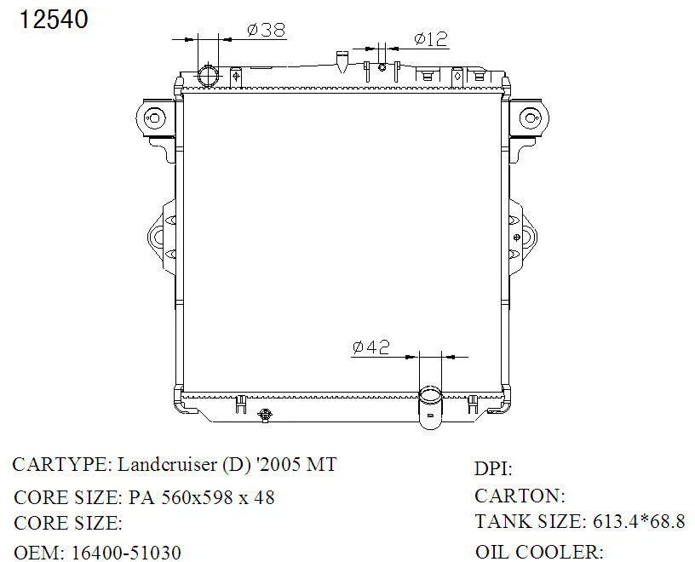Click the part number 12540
coord(54,20)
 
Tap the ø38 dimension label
coord(266,30)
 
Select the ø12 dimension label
coord(431,38)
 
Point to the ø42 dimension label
coord(371,347)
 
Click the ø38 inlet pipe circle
coord(208,75)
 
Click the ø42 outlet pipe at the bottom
coord(430,407)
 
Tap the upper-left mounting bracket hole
coord(154,118)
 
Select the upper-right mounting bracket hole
coord(530,118)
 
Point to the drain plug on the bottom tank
coord(265,416)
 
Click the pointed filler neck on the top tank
coord(342,61)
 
